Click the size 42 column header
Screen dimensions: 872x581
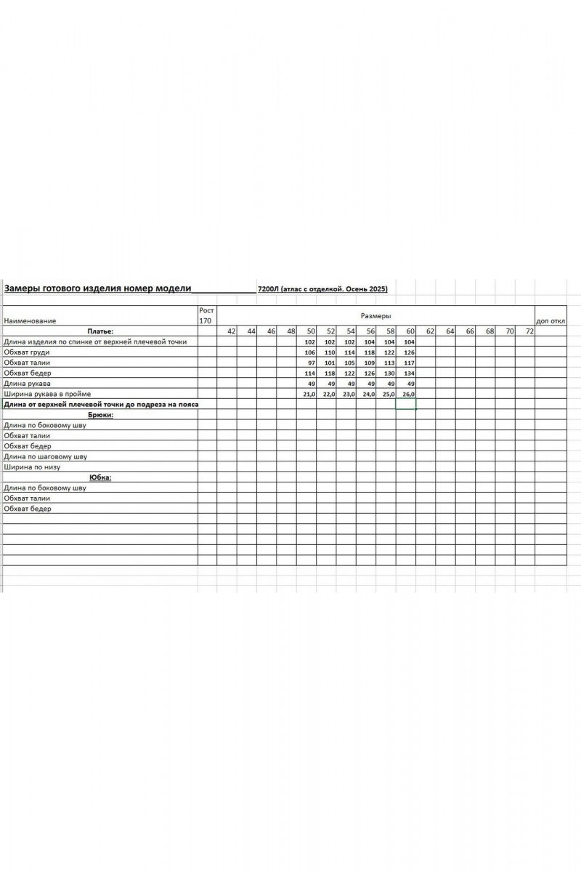[x=232, y=331]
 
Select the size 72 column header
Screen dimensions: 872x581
[x=529, y=331]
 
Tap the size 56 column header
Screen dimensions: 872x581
[x=370, y=331]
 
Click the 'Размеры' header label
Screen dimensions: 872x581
[x=375, y=316]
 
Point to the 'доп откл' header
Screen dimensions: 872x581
[x=550, y=320]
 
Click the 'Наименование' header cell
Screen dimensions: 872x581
[x=30, y=320]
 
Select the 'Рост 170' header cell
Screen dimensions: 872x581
[x=206, y=315]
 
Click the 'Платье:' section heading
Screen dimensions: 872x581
[x=100, y=331]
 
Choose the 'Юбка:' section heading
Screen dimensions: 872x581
[x=100, y=477]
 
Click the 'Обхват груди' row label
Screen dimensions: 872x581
[x=27, y=352]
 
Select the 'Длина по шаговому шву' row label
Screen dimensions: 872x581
[x=45, y=456]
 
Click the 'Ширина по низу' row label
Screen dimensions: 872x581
[x=32, y=467]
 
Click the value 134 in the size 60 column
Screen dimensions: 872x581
[x=409, y=373]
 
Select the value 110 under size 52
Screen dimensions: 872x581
[x=329, y=352]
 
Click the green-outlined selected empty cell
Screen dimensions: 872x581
[x=406, y=404]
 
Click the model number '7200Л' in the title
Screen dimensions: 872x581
[x=267, y=289]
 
